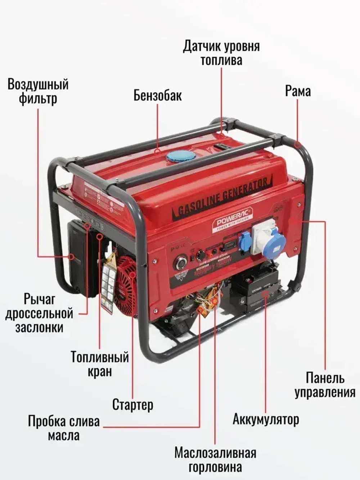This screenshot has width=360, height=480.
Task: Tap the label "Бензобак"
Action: point(158,96)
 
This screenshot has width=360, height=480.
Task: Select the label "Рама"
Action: point(298,91)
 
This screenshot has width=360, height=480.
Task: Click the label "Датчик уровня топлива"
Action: point(221,53)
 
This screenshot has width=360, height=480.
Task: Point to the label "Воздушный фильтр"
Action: point(38,91)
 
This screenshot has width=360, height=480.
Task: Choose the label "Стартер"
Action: point(133,404)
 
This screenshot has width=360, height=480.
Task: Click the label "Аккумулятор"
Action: point(266,420)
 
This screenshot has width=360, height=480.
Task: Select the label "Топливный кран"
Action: point(100,364)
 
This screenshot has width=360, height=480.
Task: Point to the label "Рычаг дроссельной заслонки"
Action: point(39,313)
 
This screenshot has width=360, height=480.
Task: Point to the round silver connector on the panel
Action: point(180,263)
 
